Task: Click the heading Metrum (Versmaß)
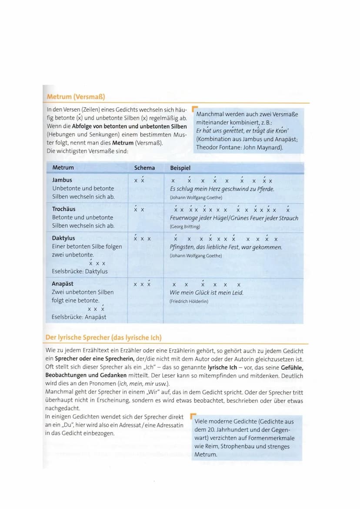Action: [76, 96]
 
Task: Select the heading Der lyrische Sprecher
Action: [103, 338]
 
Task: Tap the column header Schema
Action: [144, 168]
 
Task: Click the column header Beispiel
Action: [180, 168]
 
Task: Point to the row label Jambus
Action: [62, 180]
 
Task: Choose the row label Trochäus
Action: [64, 209]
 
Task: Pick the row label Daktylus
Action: [63, 238]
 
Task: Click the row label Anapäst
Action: [63, 284]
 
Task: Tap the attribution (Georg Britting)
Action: [185, 226]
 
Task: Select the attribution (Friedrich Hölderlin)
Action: [189, 301]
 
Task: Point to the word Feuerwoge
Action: [186, 218]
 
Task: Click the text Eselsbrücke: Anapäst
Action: [79, 317]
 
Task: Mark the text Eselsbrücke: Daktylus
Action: [80, 271]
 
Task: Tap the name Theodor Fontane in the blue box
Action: [217, 147]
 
